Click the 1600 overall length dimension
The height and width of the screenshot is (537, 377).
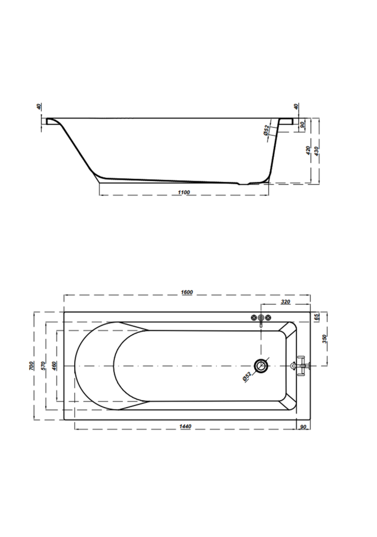(187, 292)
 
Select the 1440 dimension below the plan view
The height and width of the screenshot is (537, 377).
(185, 426)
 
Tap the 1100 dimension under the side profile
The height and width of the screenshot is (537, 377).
(184, 192)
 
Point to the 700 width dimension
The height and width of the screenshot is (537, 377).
(31, 366)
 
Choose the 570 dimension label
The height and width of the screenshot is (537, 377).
(43, 366)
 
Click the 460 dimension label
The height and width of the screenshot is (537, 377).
(54, 366)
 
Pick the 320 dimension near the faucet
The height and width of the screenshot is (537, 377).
(285, 302)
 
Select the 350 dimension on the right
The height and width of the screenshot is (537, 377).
(324, 339)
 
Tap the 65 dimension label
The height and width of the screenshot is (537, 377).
(317, 317)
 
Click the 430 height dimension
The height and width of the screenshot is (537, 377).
(317, 150)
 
